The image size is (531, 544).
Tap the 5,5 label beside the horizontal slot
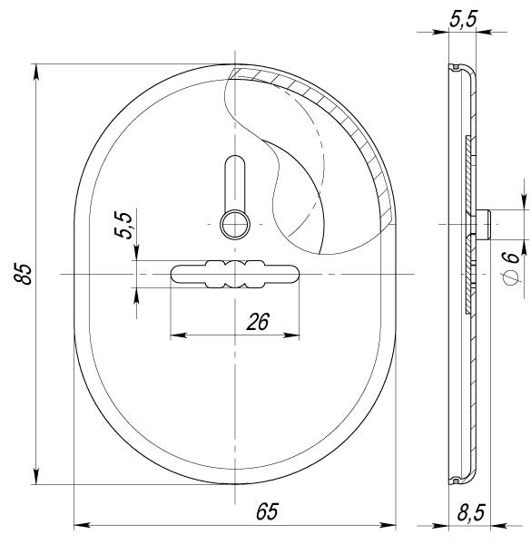(x=123, y=224)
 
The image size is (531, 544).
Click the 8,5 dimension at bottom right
(x=469, y=513)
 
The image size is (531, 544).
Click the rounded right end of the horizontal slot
(x=291, y=274)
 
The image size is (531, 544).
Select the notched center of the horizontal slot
(x=234, y=274)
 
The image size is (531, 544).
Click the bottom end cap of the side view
(x=460, y=478)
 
